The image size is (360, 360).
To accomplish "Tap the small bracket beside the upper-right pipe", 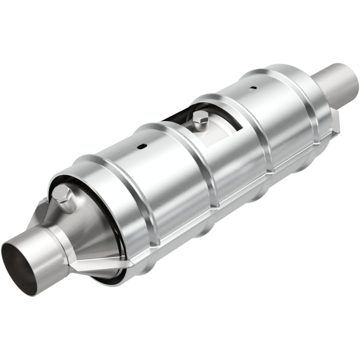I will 335,121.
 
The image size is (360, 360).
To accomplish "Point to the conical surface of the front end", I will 85,234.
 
